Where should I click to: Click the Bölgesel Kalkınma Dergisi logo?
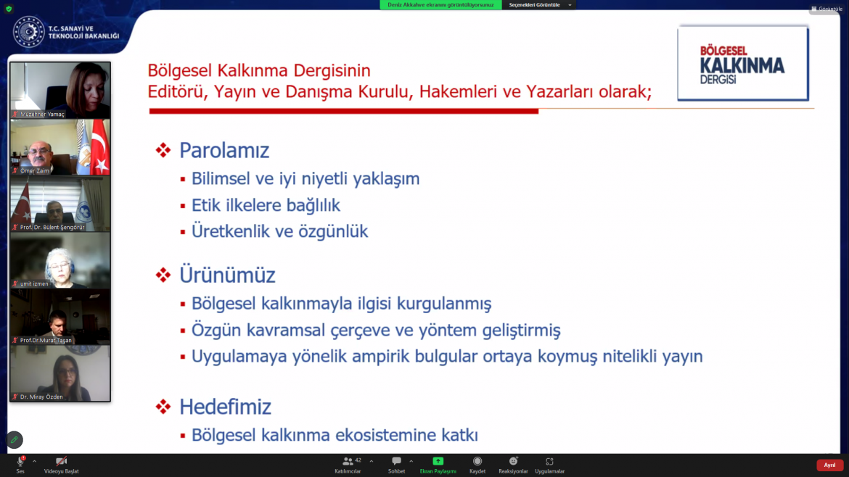[743, 63]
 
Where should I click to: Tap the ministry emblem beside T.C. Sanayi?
[29, 32]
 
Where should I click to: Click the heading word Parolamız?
[224, 150]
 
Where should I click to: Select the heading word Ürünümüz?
[227, 275]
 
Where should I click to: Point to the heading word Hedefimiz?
[225, 407]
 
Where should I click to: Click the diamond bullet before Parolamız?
[163, 150]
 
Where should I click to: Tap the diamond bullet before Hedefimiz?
[163, 407]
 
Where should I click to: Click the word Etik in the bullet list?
[208, 205]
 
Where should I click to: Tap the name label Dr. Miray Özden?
[41, 397]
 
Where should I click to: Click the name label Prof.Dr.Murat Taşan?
[46, 340]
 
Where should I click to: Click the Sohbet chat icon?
[396, 461]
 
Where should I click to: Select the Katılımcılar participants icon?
[348, 461]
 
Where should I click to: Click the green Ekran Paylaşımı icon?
[438, 461]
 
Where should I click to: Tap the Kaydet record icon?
[477, 461]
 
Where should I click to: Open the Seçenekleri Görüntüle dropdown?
[540, 5]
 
